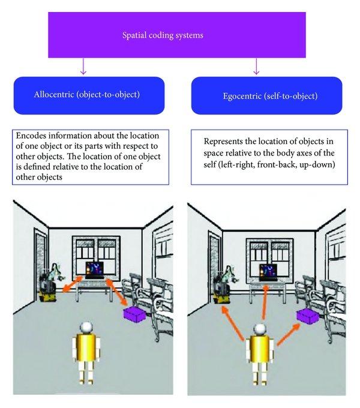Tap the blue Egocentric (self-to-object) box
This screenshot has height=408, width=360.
click(259, 95)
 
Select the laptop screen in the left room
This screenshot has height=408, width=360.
click(94, 268)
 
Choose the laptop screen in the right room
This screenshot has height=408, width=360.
click(266, 270)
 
